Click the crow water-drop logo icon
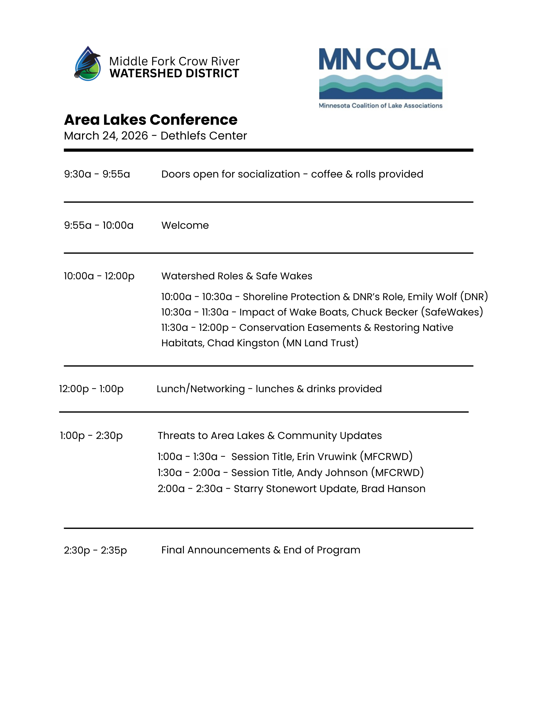coord(87,64)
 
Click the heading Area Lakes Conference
coord(151,120)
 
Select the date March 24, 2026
coord(106,136)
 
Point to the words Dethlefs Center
coord(204,136)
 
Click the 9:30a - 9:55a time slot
coord(97,174)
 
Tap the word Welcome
coord(185,226)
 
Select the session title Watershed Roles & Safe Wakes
coord(237,276)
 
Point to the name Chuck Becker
coord(385,312)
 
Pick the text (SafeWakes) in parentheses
coord(452,312)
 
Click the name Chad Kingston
coord(243,343)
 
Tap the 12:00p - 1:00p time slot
coord(91,389)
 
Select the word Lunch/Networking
coord(200,389)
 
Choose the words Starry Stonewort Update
coord(296,489)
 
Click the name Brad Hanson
coord(393,489)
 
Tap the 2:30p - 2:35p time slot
coord(95,550)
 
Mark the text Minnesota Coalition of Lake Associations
coord(380,106)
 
